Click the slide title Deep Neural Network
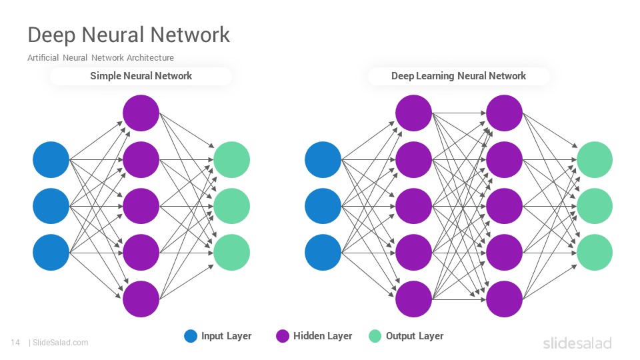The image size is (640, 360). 129,35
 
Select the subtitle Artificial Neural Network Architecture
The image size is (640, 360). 101,57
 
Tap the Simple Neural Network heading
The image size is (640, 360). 141,76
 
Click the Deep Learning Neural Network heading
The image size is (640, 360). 459,76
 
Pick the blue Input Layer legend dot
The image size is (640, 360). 191,336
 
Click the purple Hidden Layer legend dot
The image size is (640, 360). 283,336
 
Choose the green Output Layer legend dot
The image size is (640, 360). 375,336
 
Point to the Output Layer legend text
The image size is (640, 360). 414,336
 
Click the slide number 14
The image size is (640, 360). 15,343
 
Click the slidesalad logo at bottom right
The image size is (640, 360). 577,343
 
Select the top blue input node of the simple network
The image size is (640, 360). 51,159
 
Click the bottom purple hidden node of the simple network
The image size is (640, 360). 141,299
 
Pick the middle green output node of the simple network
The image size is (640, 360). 232,206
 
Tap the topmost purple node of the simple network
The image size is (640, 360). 141,113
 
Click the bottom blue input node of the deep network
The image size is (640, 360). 323,252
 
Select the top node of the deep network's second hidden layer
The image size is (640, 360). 504,113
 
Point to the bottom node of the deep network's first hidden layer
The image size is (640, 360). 413,299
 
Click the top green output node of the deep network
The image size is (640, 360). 594,159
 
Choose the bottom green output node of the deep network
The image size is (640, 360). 594,252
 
